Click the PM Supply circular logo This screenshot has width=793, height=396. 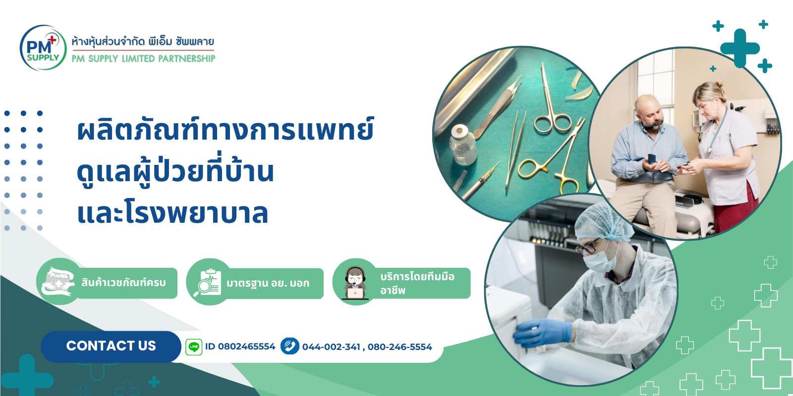coord(43,48)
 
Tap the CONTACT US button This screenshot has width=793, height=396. coord(111,346)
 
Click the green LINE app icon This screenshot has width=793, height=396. coord(194,347)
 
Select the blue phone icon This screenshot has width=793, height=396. coord(290,346)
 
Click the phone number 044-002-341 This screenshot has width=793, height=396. coord(331,347)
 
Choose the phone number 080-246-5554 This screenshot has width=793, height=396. coord(399,347)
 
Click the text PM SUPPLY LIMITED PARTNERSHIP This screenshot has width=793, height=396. coord(143,59)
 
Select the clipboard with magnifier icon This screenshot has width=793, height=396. coord(208,283)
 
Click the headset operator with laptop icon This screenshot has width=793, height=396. coord(355,283)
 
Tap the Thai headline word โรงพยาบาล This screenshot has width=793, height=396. coord(197,213)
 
